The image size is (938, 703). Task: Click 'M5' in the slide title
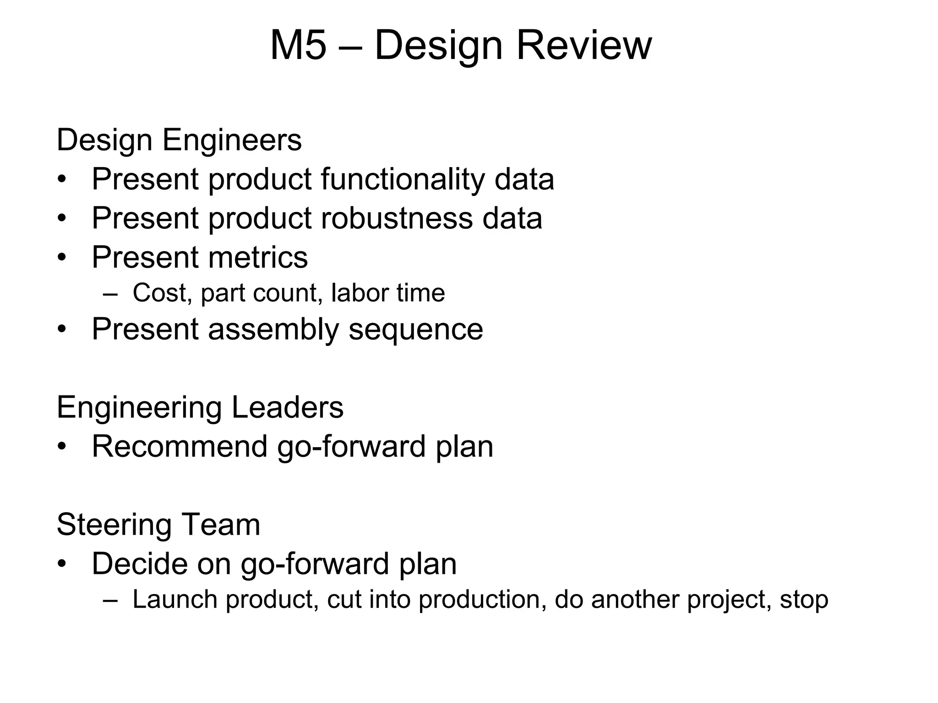(298, 45)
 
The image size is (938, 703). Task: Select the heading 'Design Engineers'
(179, 140)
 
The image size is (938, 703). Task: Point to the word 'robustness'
(396, 218)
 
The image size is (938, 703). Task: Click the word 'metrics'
(258, 257)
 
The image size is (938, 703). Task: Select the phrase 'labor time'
(387, 292)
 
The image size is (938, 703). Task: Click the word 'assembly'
(273, 329)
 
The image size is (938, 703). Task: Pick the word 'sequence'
(415, 329)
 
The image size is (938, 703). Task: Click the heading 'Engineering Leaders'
(200, 407)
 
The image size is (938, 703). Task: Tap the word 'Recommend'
(180, 446)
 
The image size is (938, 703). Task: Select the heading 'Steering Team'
(158, 525)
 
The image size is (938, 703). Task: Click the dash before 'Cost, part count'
(110, 293)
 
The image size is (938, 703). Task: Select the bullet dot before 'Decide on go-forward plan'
(62, 564)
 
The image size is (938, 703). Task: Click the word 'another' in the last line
(635, 599)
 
